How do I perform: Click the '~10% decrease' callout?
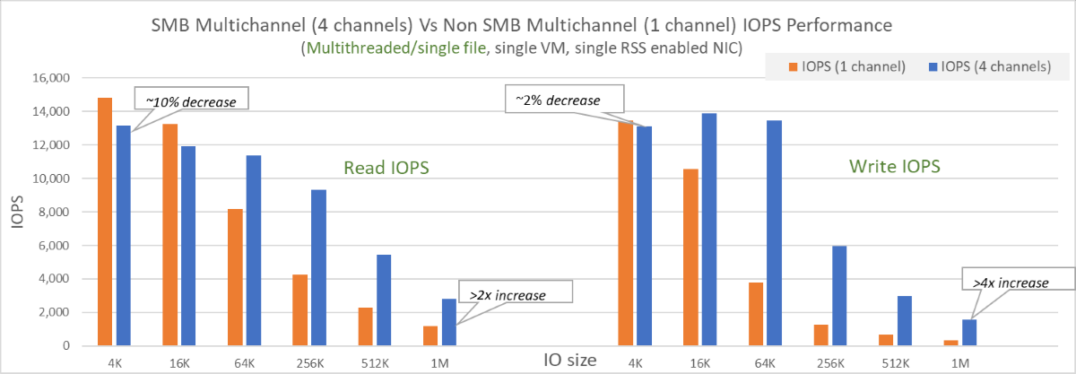[x=190, y=100]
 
